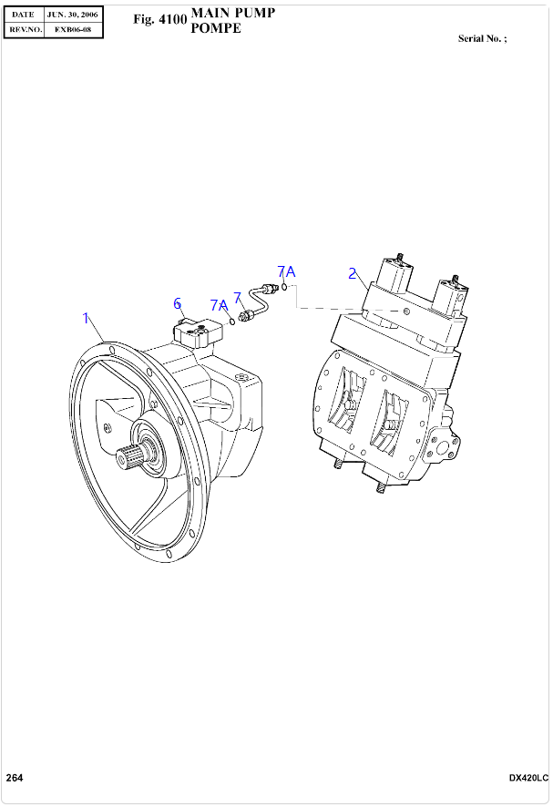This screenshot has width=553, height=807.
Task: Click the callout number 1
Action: coord(87,318)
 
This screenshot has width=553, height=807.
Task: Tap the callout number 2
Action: coord(352,272)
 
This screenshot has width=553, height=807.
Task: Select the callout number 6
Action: coord(178,303)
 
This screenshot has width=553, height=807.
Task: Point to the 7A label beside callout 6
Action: coord(219,305)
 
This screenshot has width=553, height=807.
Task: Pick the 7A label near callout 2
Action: coord(286,271)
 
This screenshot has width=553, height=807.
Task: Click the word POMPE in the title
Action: coord(216,29)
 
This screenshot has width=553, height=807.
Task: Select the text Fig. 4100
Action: coord(159,19)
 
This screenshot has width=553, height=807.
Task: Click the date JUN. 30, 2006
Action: coord(72,15)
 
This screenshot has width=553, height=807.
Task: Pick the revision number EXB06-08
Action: coord(72,29)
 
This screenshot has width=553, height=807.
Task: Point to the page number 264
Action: coord(15,777)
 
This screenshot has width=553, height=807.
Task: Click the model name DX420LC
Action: coord(528,778)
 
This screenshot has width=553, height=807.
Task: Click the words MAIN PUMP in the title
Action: coord(232,13)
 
